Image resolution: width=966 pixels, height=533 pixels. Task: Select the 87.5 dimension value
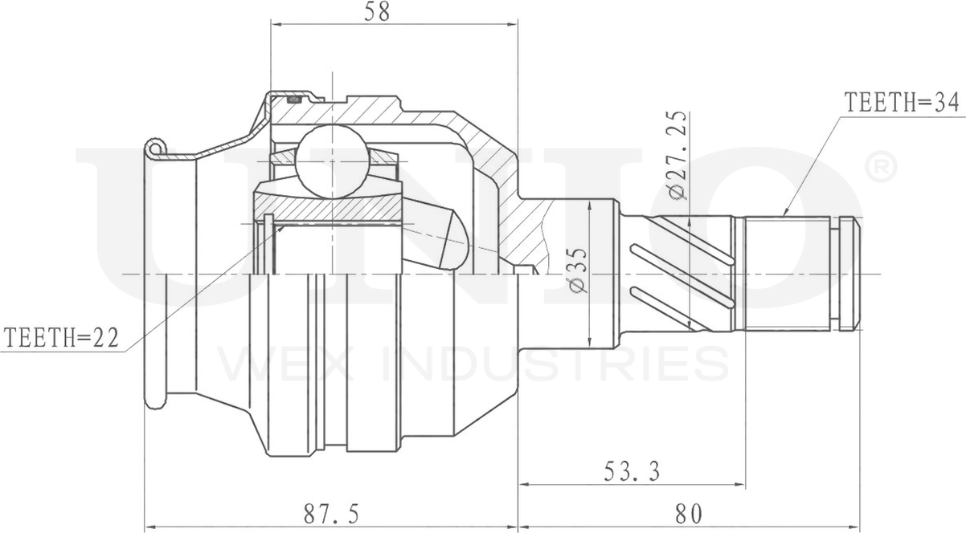[x=330, y=511]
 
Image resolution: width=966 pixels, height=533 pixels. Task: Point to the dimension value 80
[x=689, y=511]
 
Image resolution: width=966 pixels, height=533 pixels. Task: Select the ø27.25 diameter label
[x=677, y=155]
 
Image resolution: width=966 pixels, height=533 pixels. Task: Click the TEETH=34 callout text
[x=903, y=102]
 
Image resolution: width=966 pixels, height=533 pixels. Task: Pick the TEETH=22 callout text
[x=60, y=338]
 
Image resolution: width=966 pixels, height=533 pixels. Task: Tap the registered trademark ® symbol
[x=878, y=167]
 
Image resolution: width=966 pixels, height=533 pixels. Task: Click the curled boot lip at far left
[x=155, y=148]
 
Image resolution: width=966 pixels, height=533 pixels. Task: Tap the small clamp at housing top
[x=294, y=99]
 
